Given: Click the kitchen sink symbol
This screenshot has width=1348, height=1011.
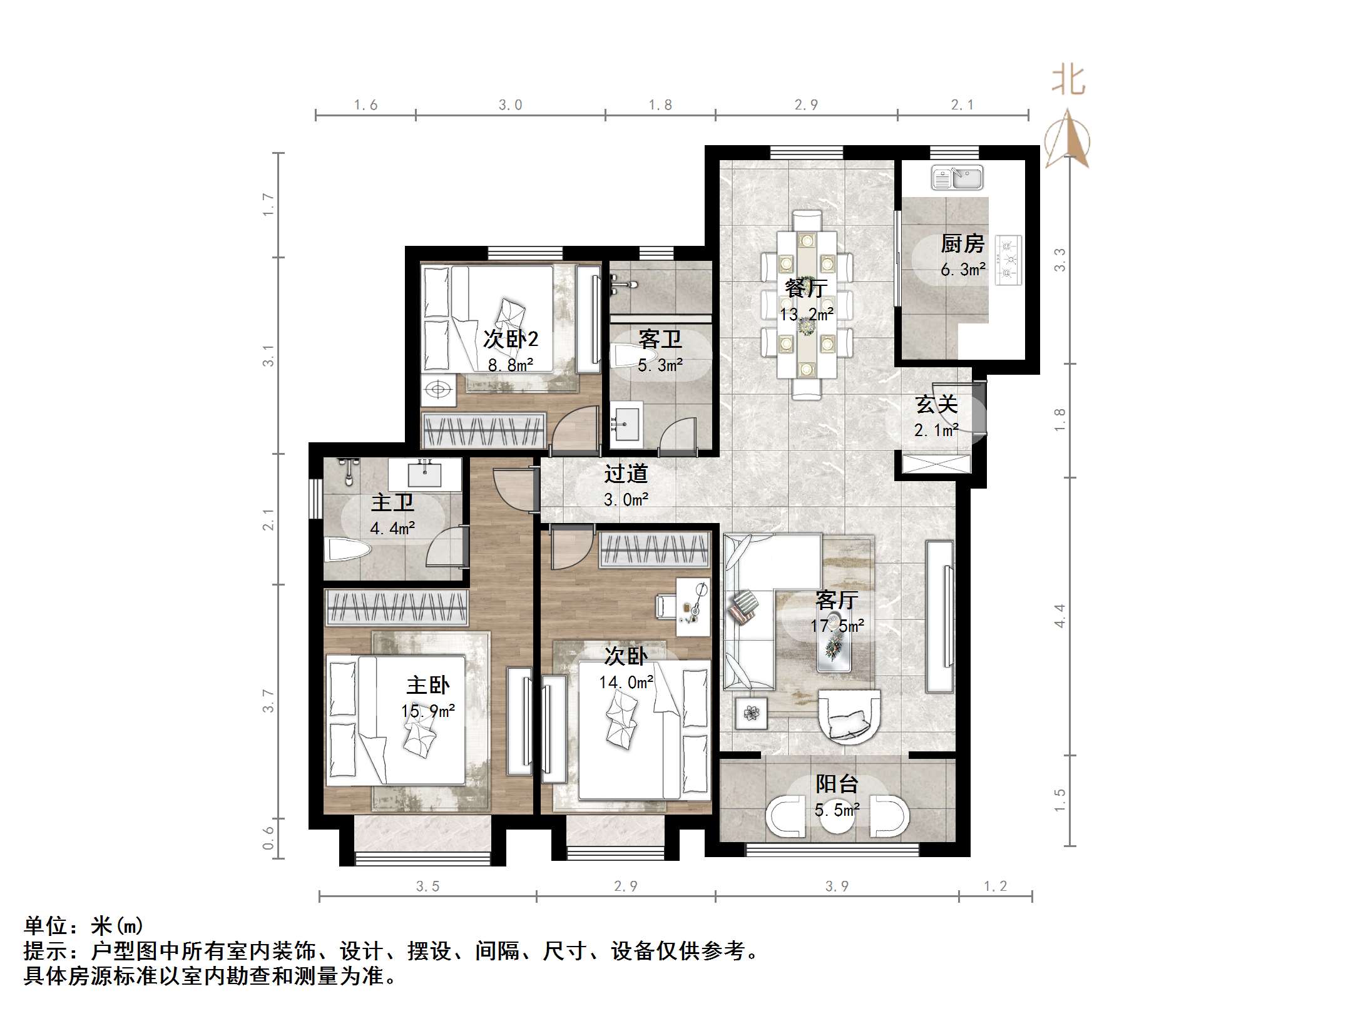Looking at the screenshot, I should (957, 178).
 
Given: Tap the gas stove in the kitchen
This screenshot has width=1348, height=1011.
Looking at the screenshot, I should (1008, 260).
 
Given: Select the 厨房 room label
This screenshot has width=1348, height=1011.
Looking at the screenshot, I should (962, 243).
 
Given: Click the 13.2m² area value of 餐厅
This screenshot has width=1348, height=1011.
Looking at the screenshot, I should (806, 314).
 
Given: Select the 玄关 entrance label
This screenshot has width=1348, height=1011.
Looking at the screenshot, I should (936, 404).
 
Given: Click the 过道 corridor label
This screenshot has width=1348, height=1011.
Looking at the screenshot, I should (626, 474).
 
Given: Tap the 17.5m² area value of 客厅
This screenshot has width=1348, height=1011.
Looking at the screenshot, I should (837, 626).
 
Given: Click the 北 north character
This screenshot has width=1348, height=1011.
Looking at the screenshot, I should (1068, 81).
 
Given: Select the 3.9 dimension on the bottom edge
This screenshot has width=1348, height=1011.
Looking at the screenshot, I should (837, 886).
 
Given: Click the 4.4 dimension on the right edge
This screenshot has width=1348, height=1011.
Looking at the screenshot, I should (1060, 616).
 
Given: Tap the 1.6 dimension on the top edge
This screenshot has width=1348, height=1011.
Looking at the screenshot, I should (365, 105).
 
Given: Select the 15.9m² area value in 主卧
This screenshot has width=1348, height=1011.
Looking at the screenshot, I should (428, 711).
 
